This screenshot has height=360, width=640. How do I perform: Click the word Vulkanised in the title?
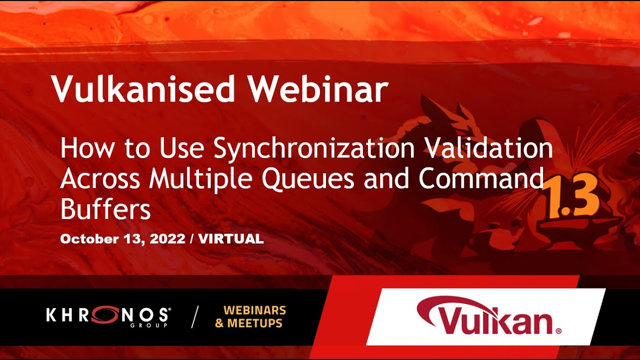[143, 89]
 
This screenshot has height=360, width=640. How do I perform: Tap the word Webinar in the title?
[318, 89]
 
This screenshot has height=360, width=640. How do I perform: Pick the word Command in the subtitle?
[481, 179]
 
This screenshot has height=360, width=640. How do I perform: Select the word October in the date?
[88, 239]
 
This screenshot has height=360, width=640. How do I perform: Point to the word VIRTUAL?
[231, 239]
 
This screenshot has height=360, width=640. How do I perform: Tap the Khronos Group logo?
[107, 316]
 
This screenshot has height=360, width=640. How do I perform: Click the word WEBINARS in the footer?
[254, 310]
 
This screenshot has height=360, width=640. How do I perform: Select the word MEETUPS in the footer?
[254, 323]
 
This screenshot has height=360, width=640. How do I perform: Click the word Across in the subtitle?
[100, 179]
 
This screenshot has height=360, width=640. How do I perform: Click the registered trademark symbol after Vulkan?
[558, 330]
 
